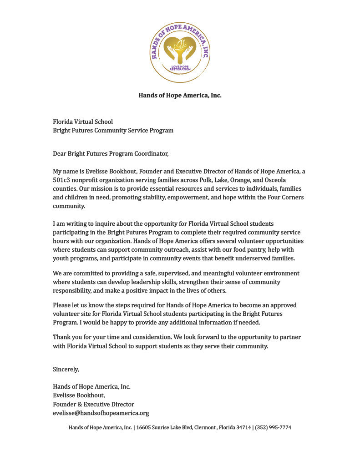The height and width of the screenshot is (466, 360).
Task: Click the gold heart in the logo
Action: [180, 50]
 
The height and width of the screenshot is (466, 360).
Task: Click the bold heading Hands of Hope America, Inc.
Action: [180, 96]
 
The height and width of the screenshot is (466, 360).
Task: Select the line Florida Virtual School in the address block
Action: [83, 122]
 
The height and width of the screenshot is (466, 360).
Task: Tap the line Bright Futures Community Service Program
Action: [113, 131]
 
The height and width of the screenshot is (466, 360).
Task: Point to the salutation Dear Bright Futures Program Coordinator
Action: [111, 154]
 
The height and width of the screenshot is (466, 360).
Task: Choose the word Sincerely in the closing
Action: [66, 369]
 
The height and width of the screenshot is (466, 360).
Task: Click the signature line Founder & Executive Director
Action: [93, 404]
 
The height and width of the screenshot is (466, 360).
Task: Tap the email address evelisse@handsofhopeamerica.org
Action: [101, 413]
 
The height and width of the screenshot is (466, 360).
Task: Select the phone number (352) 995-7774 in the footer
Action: [273, 427]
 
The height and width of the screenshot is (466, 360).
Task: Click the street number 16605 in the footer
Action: [144, 427]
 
